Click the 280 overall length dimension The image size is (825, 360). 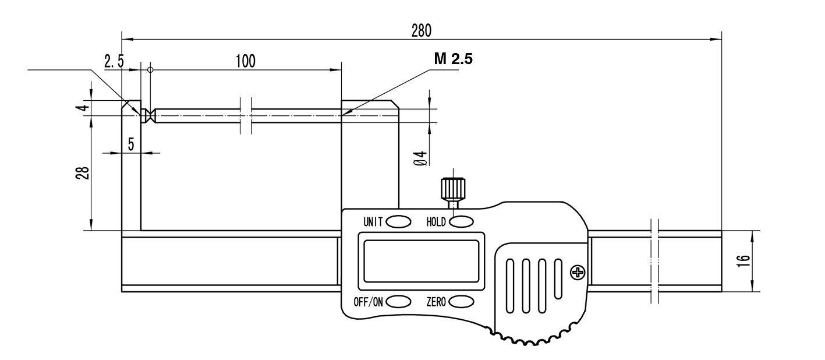[x=421, y=30]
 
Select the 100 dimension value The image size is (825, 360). [x=246, y=61]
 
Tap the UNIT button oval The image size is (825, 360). [x=399, y=221]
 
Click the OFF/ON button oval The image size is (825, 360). [x=399, y=301]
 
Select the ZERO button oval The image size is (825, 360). [x=461, y=301]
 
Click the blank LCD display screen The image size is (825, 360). [x=421, y=261]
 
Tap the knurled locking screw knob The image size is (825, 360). [x=452, y=188]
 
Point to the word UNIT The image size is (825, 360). [x=373, y=221]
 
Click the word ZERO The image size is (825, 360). [x=436, y=302]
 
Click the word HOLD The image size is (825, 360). [x=436, y=221]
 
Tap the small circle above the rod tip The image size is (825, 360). [x=150, y=70]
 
